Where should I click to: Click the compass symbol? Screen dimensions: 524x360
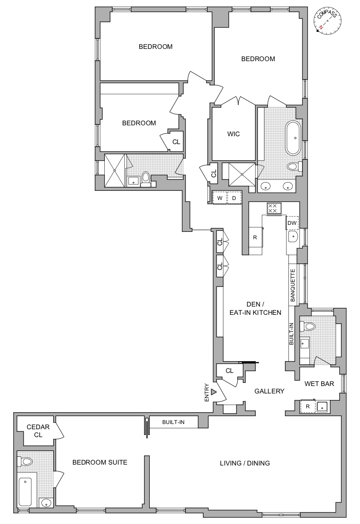[327, 21]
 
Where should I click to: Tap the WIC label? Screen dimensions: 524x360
[233, 134]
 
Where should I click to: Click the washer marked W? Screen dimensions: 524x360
[220, 198]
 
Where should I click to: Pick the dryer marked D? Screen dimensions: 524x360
[234, 198]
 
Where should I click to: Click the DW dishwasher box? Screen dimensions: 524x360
[292, 223]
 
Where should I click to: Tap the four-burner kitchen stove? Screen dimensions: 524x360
[274, 208]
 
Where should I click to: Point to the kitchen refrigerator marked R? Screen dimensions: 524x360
[255, 238]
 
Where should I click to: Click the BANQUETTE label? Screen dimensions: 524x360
[293, 286]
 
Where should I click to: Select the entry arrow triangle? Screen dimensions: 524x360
[213, 392]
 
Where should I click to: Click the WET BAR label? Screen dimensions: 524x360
[319, 384]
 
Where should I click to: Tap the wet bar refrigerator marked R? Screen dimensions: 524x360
[308, 407]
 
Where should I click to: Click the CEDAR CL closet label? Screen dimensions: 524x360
[34, 431]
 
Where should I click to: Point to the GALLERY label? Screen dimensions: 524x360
[269, 391]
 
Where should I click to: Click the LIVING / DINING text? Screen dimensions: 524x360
[245, 463]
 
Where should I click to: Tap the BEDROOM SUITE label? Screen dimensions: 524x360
[99, 462]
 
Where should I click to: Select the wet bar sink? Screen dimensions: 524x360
[323, 407]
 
